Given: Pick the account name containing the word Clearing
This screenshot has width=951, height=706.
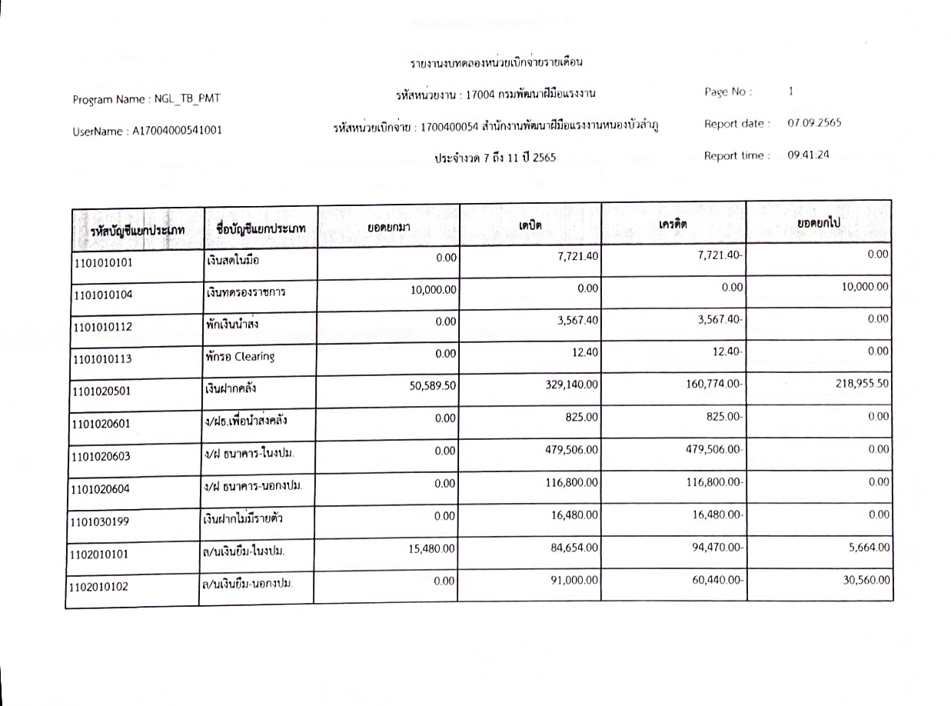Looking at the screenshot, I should (239, 357).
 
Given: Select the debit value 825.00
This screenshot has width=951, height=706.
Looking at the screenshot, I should (583, 418).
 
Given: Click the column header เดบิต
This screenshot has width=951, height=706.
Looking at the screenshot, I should (530, 224).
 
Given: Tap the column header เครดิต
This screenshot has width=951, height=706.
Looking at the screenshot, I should (673, 224).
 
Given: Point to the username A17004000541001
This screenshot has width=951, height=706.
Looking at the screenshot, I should (178, 131).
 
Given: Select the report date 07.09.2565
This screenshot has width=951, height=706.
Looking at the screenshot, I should (814, 123).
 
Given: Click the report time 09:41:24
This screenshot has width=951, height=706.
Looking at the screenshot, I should (808, 155).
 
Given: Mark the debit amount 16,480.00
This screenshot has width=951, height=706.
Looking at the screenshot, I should (574, 516).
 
